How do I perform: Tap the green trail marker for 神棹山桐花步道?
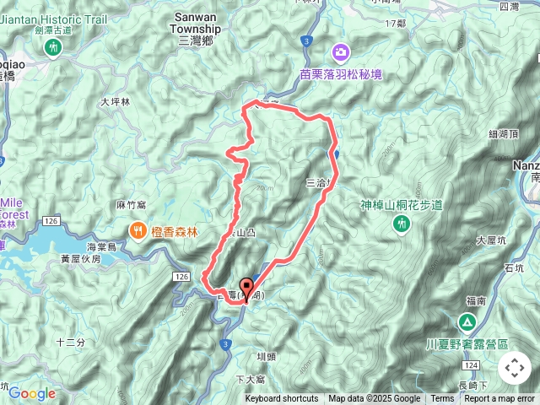(402, 222)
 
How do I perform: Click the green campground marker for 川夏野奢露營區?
(467, 322)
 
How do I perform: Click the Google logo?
(32, 393)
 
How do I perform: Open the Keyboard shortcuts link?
(282, 399)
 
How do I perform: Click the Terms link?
(442, 399)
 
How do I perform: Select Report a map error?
(499, 399)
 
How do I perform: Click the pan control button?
(515, 368)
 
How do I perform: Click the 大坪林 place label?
(116, 101)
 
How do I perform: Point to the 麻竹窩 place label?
(132, 205)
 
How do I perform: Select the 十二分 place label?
(71, 342)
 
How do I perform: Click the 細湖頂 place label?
(503, 134)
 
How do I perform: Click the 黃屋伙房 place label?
(81, 260)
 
